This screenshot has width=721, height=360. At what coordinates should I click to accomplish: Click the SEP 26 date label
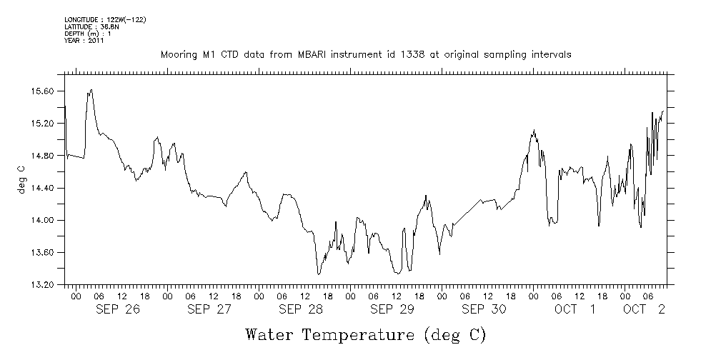[x=118, y=309]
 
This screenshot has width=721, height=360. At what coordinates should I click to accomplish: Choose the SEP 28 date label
[x=301, y=309]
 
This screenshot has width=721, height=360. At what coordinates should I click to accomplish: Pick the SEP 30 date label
[x=484, y=309]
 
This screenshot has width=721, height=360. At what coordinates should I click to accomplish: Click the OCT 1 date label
[x=576, y=309]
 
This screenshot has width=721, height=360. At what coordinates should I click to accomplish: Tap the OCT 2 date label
[x=645, y=309]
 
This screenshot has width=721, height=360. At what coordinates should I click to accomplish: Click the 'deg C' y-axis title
[x=21, y=179]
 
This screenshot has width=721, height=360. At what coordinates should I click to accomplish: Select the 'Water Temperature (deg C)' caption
[x=365, y=334]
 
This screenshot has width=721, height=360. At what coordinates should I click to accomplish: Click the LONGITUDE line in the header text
[x=105, y=19]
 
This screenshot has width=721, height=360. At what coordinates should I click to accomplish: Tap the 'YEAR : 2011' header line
[x=84, y=41]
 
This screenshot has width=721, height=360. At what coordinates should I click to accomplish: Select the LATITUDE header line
[x=86, y=26]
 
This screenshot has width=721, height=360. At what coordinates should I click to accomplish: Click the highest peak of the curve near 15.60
[x=91, y=89]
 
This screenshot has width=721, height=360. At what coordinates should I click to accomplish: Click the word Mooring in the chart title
[x=179, y=54]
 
